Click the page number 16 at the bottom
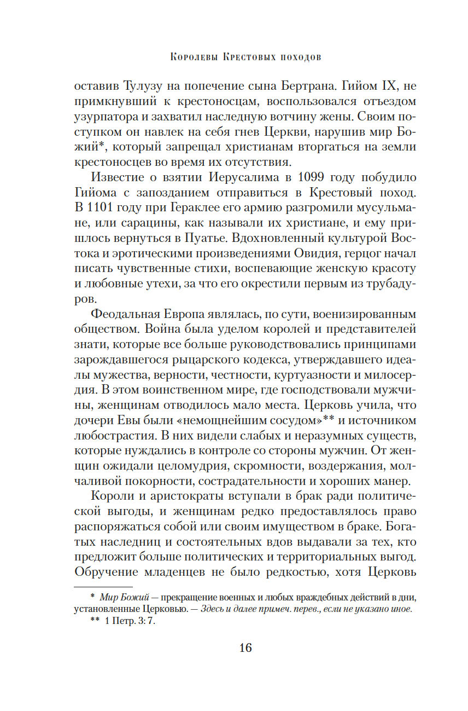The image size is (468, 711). (x=245, y=648)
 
